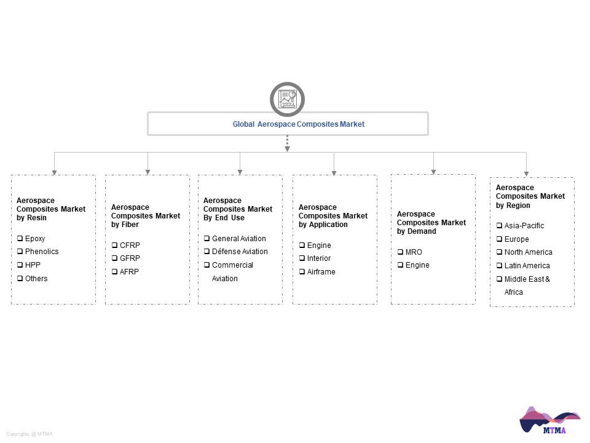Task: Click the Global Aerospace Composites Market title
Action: coord(299,124)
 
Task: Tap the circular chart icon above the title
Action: coord(287,100)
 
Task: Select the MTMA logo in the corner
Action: coord(549,420)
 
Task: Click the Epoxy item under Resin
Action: coord(35,239)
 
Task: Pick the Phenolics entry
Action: coord(42,251)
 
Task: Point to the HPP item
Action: coord(33,265)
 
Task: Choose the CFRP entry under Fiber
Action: coord(130,245)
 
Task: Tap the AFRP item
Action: coord(129,271)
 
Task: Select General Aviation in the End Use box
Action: coord(239,239)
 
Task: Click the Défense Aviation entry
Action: coord(240,251)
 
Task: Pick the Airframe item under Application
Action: coord(321,271)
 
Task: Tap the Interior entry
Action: coord(319,258)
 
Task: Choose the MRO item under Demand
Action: coord(414,252)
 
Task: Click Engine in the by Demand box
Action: coord(417,265)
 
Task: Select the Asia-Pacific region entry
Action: coord(524,226)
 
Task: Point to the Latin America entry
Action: coord(527,266)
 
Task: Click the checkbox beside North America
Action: coord(499,252)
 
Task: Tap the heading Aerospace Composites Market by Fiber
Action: coord(146,216)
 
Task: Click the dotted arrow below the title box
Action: coord(287,143)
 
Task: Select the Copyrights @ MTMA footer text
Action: coord(29,434)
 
